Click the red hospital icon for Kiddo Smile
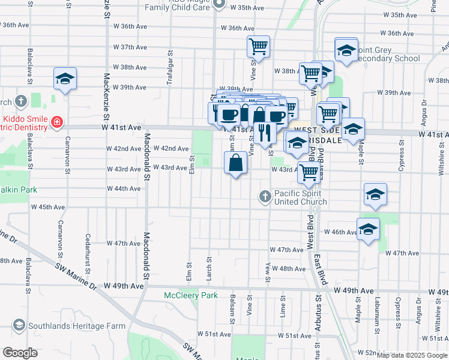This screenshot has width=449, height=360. [57, 122]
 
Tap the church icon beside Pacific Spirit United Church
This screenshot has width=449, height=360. [265, 196]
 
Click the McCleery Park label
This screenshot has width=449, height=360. [191, 295]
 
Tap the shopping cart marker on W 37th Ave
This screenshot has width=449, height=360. [258, 46]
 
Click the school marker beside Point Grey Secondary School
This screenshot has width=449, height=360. [346, 50]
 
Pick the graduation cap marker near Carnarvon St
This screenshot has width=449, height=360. [65, 78]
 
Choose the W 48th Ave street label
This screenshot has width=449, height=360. [292, 269]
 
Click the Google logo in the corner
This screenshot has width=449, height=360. [20, 352]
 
